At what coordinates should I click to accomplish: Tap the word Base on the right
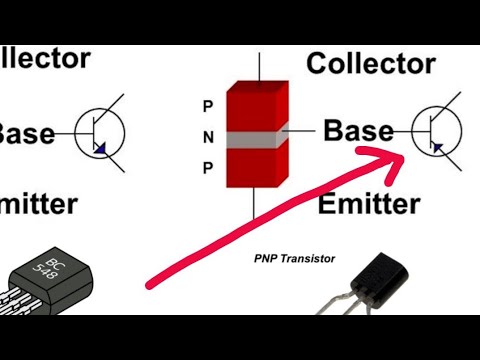[358, 130]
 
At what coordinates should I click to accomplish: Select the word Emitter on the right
[368, 205]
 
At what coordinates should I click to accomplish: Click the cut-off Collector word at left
[45, 58]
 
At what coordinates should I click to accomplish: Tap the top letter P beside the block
[208, 105]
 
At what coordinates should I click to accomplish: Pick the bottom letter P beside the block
[208, 168]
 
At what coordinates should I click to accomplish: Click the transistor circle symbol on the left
[100, 132]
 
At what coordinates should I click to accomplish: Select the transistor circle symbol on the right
[438, 130]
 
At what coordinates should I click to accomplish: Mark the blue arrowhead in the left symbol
[100, 148]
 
